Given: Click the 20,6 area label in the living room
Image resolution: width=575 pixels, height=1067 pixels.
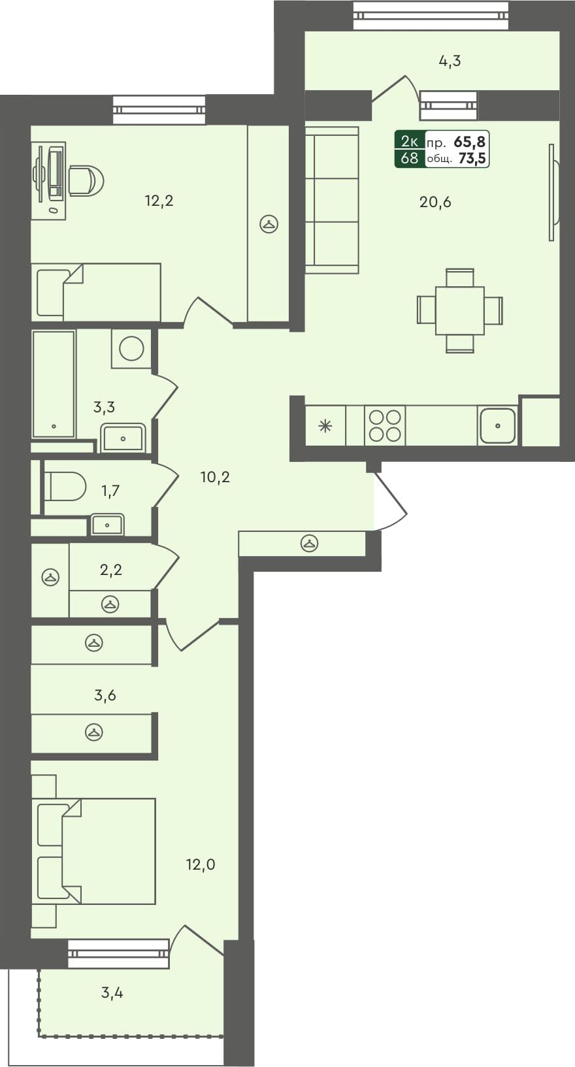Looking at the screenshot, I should (435, 202).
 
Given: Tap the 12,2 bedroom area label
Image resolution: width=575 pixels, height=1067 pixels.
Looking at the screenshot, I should (159, 201).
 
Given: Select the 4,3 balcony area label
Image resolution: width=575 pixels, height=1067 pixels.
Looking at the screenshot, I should (450, 61).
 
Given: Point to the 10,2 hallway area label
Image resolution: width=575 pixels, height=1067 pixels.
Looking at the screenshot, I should (215, 478).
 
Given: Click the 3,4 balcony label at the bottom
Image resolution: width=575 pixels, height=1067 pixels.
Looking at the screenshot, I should (112, 993).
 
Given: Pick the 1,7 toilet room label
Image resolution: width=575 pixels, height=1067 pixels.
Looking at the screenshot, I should (110, 490).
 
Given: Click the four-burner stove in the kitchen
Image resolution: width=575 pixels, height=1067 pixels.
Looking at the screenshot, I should (385, 425).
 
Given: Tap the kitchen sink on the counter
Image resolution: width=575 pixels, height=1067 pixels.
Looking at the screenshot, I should (497, 426).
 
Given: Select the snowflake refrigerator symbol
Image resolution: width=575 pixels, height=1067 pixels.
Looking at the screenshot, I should (325, 427).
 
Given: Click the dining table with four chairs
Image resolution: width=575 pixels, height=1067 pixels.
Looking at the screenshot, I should (460, 310).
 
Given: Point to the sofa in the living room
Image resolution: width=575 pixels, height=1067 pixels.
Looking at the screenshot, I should (332, 200).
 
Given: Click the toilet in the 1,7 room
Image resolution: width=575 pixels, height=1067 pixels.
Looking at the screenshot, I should (65, 486).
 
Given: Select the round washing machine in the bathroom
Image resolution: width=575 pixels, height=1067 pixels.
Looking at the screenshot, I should (131, 348).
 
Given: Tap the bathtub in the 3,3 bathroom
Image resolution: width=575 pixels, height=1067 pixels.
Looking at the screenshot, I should (54, 384).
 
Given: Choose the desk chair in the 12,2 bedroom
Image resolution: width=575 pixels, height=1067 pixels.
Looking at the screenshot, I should (86, 180).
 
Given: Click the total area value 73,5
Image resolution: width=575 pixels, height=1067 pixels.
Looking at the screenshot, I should (473, 158).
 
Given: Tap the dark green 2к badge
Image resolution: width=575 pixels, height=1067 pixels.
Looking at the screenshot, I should (409, 140).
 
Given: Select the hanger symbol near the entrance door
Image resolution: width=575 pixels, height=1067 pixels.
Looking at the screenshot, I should (309, 543).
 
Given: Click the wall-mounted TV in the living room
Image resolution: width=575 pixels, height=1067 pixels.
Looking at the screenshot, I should (553, 193).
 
